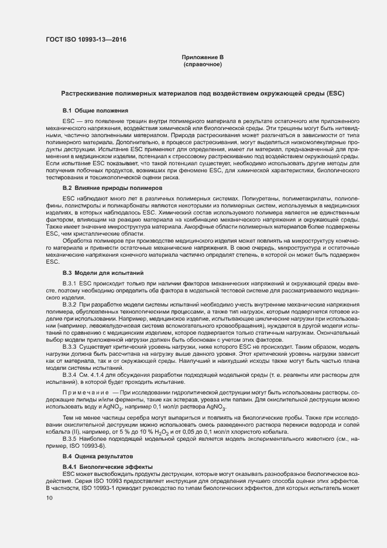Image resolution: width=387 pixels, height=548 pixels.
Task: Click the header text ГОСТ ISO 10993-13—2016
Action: (x=86, y=40)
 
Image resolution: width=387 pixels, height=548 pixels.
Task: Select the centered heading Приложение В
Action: (x=203, y=57)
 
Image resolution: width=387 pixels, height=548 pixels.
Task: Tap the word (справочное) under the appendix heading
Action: (x=203, y=64)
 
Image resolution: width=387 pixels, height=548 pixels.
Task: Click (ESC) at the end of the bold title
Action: (x=336, y=93)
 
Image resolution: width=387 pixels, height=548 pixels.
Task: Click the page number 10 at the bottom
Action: (x=49, y=498)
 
